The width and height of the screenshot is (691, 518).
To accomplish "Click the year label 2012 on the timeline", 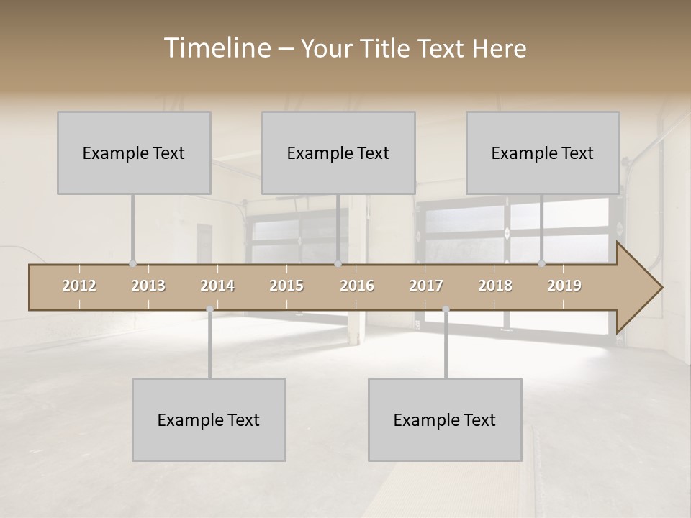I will (79, 286).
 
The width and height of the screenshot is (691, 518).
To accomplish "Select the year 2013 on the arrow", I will (148, 286).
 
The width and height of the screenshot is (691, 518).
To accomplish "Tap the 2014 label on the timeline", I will (217, 286).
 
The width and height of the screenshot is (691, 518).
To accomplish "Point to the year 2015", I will (286, 286).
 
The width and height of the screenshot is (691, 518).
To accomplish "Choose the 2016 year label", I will (357, 286).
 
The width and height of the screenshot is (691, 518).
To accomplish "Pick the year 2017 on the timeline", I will (426, 286).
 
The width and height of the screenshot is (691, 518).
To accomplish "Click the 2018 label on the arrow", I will (495, 286).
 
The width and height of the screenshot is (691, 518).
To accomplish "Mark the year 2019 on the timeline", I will (564, 286).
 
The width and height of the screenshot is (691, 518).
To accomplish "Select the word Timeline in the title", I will (215, 48).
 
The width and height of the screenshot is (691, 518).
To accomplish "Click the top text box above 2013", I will (134, 153).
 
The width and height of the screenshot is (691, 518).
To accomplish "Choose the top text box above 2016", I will (338, 153).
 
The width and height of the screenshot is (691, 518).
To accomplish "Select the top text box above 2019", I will (543, 153).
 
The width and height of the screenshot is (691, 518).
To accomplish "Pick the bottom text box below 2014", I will (209, 419).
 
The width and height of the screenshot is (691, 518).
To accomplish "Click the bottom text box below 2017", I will (445, 419).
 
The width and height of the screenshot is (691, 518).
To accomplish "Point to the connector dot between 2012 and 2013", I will (132, 264).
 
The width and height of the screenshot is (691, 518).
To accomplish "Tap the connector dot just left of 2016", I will (338, 264).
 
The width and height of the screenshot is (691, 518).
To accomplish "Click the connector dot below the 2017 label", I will (446, 309).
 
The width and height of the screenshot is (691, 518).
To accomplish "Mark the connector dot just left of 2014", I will (209, 309).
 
